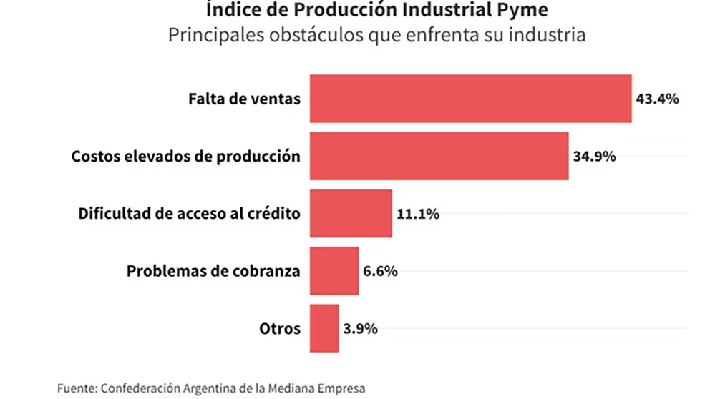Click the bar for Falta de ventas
coord(470,99)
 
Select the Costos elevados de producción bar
coord(439,156)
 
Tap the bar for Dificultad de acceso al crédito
coord(351,213)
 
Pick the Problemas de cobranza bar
coord(334,271)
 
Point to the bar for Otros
coord(324,328)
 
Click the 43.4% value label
coord(657,99)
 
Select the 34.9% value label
coord(594,156)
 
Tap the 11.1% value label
coord(418,213)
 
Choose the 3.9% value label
coord(360,329)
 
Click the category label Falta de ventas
coord(245,99)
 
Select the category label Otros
coord(280,329)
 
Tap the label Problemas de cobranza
coord(213,271)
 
